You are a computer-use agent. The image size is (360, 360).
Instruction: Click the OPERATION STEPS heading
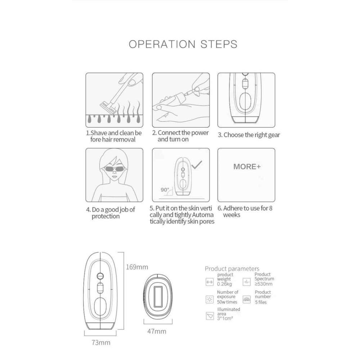183,44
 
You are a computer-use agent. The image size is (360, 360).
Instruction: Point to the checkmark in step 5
197,165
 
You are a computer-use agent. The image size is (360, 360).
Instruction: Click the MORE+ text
247,167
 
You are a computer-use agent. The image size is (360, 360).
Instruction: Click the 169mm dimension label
137,267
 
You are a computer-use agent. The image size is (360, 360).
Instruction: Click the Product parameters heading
232,269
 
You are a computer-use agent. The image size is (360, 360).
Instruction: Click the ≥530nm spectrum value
264,284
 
